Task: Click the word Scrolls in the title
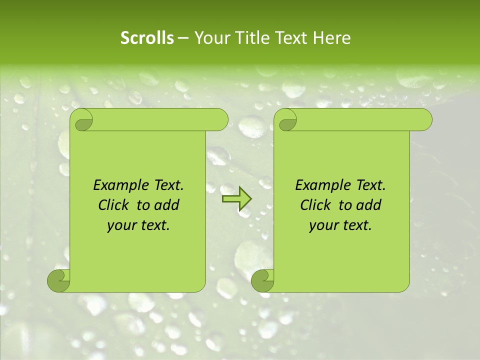(x=147, y=38)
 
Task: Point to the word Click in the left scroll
(x=113, y=205)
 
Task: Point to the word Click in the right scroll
(x=315, y=205)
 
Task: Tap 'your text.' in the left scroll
(x=138, y=225)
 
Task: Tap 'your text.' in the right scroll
(x=340, y=225)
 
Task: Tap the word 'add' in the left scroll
(x=167, y=205)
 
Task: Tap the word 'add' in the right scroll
(x=369, y=205)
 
